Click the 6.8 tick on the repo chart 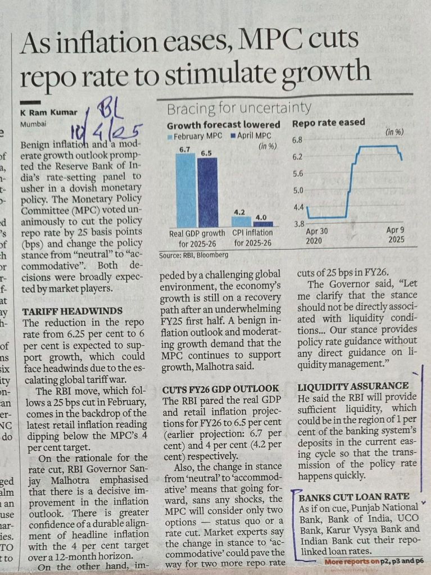pos(298,139)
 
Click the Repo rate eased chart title pos(329,123)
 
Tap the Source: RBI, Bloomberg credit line pos(194,255)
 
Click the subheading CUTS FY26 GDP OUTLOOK pos(220,389)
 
